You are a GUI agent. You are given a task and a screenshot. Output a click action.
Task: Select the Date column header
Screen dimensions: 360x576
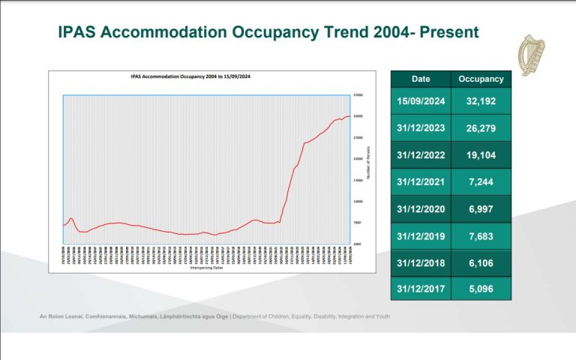point(420,79)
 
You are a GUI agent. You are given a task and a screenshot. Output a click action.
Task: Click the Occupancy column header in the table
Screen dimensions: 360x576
point(480,79)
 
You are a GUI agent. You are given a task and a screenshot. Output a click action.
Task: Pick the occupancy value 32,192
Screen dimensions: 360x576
point(480,100)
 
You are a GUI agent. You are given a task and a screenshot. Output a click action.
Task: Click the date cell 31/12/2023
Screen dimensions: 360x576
point(420,127)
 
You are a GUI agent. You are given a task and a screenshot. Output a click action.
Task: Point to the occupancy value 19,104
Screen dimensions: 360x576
point(480,154)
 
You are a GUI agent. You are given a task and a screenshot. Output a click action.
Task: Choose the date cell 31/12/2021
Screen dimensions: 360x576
point(420,181)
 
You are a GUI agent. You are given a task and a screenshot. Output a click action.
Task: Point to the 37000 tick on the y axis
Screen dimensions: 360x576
point(358,95)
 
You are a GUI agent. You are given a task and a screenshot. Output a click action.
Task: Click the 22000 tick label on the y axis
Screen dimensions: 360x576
point(358,159)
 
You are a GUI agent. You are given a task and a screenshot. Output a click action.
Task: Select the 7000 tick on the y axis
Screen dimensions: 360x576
point(358,223)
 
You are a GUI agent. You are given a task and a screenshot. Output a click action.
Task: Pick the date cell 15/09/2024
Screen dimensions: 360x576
point(420,100)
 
